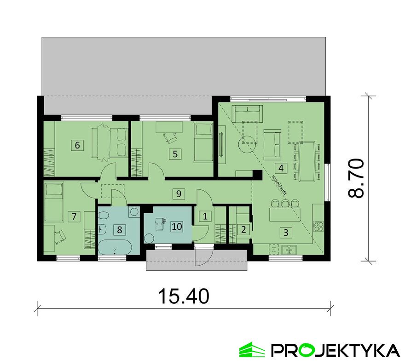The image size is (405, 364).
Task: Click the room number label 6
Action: (77, 145)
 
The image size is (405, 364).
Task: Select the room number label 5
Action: (174, 154)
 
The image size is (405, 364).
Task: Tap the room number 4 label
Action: (281, 167)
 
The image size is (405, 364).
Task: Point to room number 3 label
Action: (286, 233)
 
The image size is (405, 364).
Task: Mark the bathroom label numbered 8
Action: (119, 228)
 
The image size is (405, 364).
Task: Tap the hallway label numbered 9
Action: (179, 193)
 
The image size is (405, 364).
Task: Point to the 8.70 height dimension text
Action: (356, 178)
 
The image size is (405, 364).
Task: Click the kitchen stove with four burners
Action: (318, 226)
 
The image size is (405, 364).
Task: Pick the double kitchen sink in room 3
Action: (289, 250)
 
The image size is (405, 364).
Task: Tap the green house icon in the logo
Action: (252, 350)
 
